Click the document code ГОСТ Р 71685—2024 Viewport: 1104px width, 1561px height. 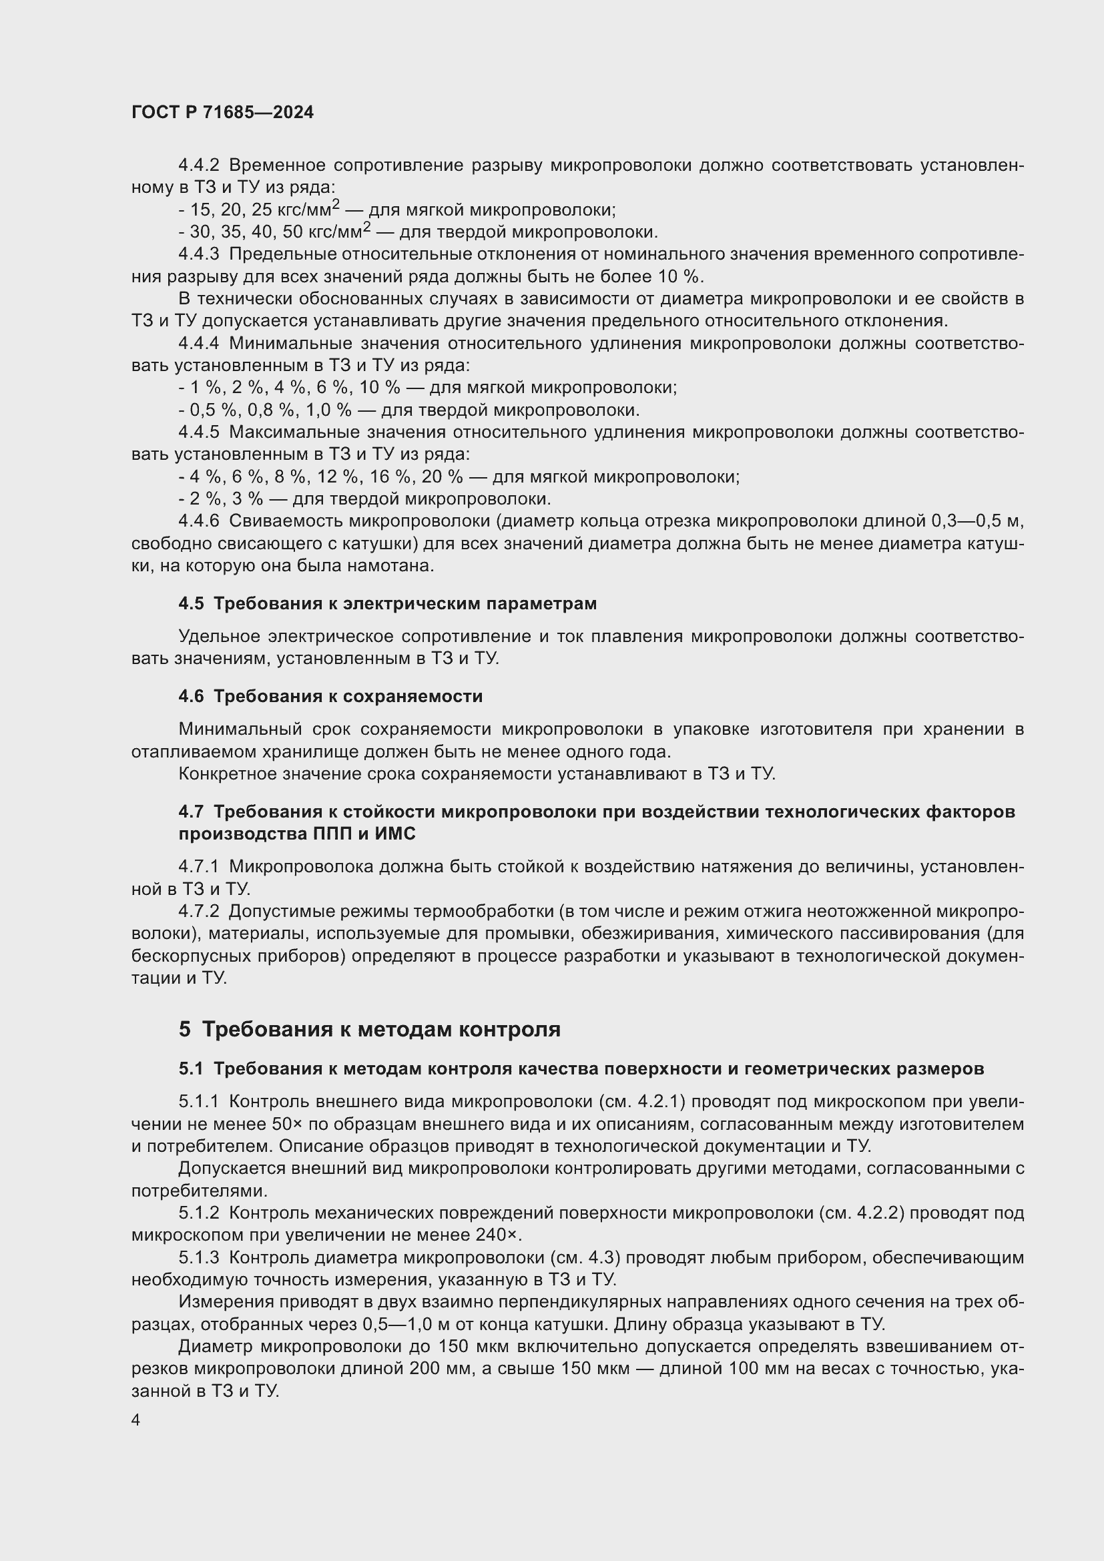click(222, 113)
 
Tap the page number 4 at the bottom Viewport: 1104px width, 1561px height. click(136, 1420)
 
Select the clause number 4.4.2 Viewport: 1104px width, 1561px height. click(198, 166)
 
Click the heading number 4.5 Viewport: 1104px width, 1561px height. click(191, 604)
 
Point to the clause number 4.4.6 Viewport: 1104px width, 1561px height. click(198, 521)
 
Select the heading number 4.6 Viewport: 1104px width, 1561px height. click(191, 696)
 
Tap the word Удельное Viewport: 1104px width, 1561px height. click(218, 637)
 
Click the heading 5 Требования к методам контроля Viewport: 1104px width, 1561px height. click(369, 1029)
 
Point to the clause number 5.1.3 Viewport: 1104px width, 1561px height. click(198, 1258)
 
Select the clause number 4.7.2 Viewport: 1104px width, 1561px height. click(198, 912)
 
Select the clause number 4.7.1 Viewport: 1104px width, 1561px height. click(198, 867)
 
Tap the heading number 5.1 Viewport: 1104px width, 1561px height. click(191, 1068)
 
